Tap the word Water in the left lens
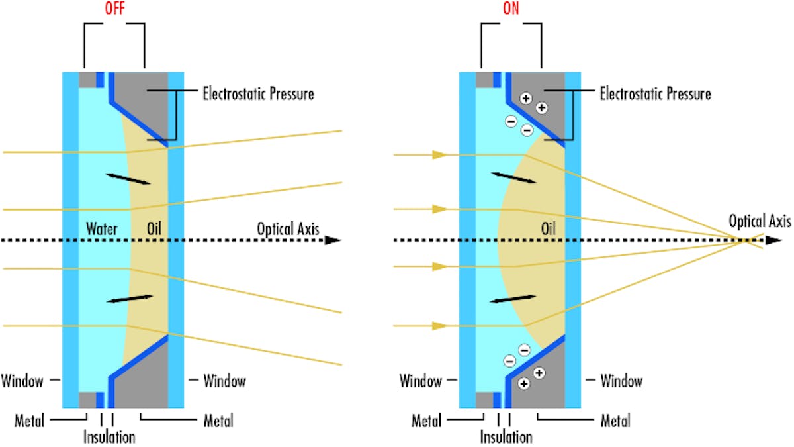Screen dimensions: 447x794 (101, 230)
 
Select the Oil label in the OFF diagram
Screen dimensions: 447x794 (154, 230)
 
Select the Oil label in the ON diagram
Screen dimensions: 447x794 (549, 230)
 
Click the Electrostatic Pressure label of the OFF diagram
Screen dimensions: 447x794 (258, 93)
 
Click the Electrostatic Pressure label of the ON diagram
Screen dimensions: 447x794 (655, 93)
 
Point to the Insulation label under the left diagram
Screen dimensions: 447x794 (109, 437)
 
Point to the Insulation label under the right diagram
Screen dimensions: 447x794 (506, 437)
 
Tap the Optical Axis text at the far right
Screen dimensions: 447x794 (759, 222)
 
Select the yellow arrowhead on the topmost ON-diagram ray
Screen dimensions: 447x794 (437, 155)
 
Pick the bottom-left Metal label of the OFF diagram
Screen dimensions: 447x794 (29, 421)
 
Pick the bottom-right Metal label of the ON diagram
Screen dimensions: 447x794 (615, 421)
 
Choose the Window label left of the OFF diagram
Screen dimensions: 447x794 (22, 381)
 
